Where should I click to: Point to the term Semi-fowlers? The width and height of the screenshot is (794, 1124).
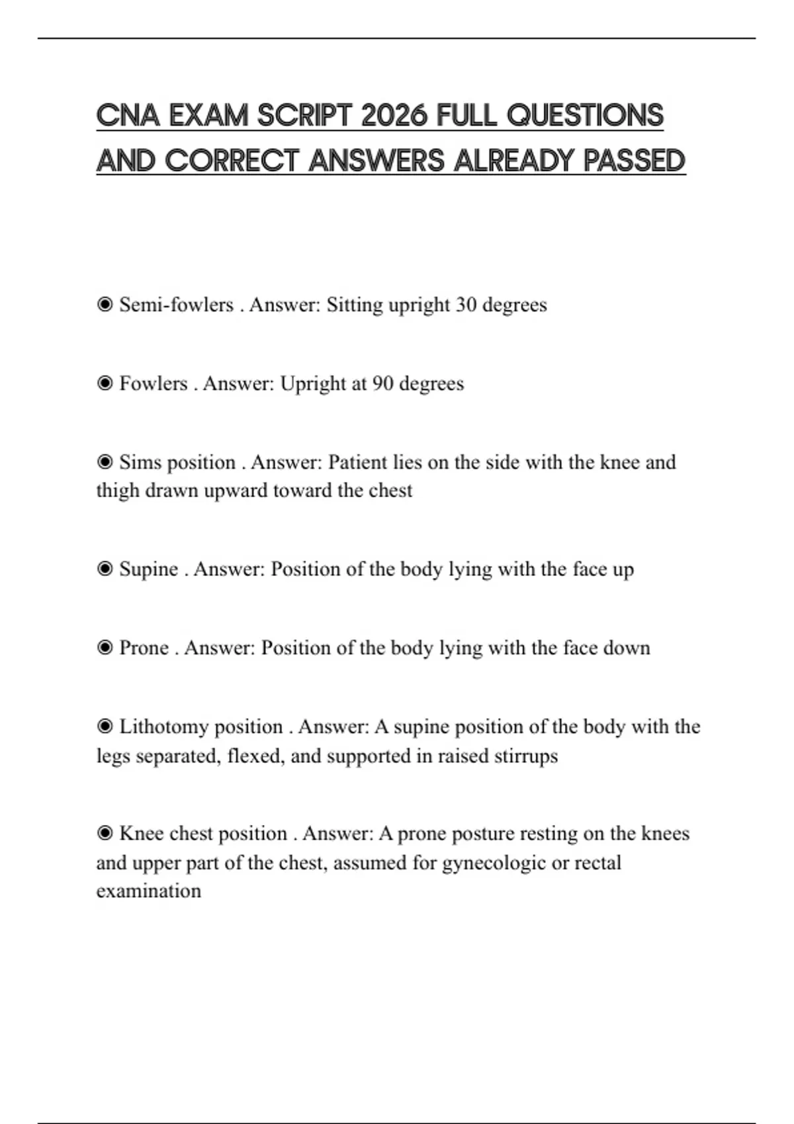click(x=176, y=305)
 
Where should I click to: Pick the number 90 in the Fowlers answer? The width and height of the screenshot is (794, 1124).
click(x=382, y=383)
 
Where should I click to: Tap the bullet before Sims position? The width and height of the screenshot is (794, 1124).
click(x=105, y=462)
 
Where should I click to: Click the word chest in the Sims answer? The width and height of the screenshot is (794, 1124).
click(x=393, y=491)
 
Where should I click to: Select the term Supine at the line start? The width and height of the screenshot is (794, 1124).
click(x=149, y=569)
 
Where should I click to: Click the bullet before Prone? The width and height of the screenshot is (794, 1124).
click(x=105, y=647)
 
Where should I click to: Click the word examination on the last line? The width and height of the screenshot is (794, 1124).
click(x=149, y=891)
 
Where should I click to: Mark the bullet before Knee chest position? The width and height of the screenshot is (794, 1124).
click(x=105, y=833)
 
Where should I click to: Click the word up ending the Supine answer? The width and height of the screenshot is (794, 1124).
click(x=623, y=570)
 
